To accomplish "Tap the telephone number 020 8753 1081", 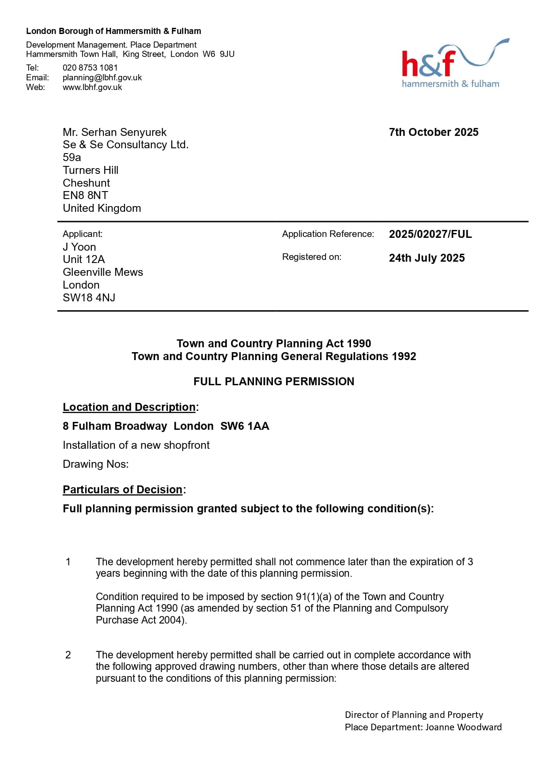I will (x=90, y=68).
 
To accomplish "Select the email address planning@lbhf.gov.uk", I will (x=102, y=77).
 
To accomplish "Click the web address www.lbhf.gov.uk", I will (x=92, y=87).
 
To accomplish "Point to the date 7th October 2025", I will (x=433, y=132).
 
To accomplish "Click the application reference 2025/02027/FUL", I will (x=430, y=234).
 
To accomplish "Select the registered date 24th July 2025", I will (x=427, y=258).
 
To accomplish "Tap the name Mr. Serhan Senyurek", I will (x=114, y=132).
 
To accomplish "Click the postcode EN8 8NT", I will (x=85, y=195).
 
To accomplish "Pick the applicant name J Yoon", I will (x=79, y=247).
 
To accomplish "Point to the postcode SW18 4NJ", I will (x=89, y=297).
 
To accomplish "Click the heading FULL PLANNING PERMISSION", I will (x=274, y=381).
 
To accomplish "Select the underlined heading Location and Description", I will (x=129, y=407).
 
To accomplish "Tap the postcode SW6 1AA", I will (x=245, y=426).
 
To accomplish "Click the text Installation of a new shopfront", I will (x=136, y=445).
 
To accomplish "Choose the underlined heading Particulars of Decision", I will (x=122, y=489).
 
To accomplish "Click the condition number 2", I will (x=68, y=655).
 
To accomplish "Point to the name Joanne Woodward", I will (x=463, y=727).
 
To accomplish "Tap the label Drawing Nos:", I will (x=95, y=464).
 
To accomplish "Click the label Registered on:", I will (x=311, y=257).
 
